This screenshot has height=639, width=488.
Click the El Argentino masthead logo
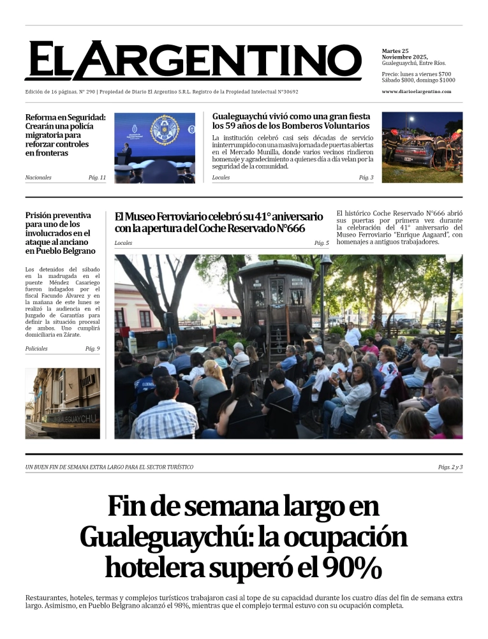(193, 61)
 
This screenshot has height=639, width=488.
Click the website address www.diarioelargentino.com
(416, 91)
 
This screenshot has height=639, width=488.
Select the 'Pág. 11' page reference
(97, 177)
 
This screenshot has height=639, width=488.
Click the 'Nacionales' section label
(38, 177)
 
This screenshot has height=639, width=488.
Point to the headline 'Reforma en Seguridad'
(65, 117)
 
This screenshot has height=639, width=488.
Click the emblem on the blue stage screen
(165, 129)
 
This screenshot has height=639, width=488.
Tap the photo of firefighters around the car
(422, 147)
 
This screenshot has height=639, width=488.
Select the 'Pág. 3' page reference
(366, 177)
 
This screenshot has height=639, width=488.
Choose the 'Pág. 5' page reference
(322, 243)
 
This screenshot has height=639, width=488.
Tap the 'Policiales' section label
(36, 349)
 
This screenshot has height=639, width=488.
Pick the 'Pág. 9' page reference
(92, 349)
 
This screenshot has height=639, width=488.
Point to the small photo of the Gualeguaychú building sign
(63, 403)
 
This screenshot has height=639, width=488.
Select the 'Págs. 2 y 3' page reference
(450, 467)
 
